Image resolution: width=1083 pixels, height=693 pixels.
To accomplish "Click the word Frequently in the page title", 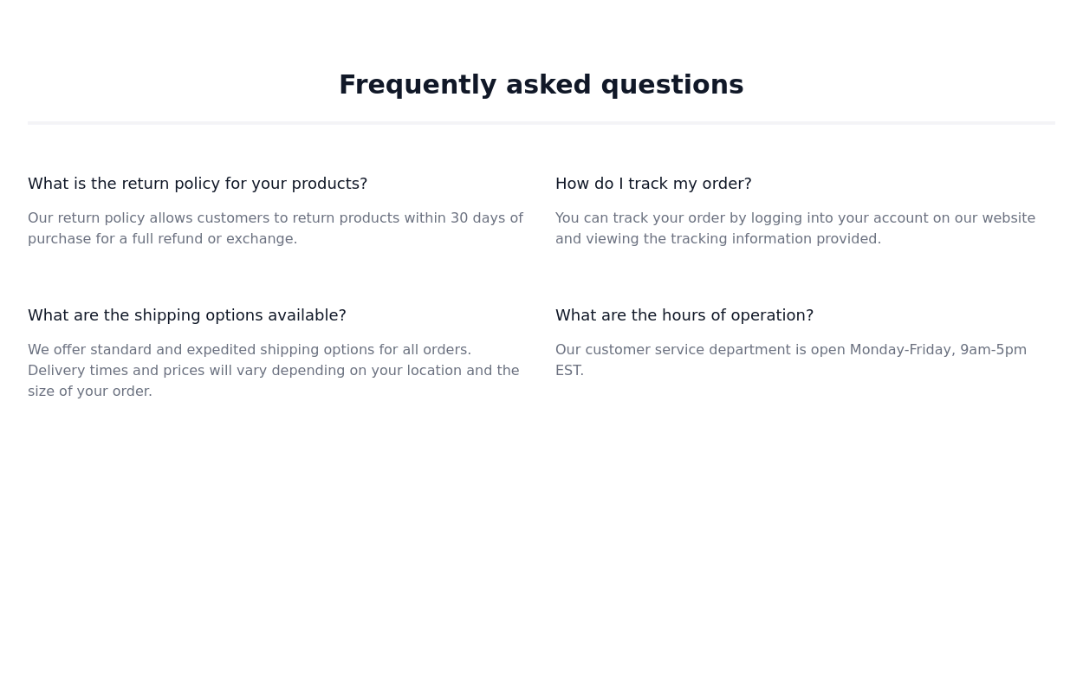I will [x=417, y=85].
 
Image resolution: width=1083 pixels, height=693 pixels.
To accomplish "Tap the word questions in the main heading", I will [x=671, y=85].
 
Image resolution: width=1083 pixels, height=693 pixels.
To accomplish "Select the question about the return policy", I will [x=198, y=184].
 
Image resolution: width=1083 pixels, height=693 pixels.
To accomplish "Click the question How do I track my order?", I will [x=653, y=184].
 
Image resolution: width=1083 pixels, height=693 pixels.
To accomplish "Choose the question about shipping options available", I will [x=187, y=315].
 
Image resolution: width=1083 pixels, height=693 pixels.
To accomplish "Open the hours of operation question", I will [x=684, y=315].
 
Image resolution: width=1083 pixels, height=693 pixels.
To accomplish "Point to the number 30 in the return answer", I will [x=458, y=218].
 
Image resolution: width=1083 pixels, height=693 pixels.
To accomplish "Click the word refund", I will [x=180, y=239].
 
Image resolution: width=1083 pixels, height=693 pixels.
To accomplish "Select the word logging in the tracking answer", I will [x=776, y=218].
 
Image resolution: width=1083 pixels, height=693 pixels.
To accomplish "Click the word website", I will [x=1008, y=218].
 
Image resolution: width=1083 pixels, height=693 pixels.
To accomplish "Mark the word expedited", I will [x=221, y=350].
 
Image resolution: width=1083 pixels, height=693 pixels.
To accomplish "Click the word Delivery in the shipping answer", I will [x=55, y=371].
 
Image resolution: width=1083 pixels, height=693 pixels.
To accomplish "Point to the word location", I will [x=433, y=371].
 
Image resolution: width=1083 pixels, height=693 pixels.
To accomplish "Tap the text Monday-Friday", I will [x=902, y=350].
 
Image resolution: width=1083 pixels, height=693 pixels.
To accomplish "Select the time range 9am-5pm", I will [x=993, y=350].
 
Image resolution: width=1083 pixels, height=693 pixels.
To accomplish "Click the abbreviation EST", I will [x=568, y=371].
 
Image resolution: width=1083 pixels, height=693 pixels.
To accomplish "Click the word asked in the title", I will [x=548, y=85].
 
